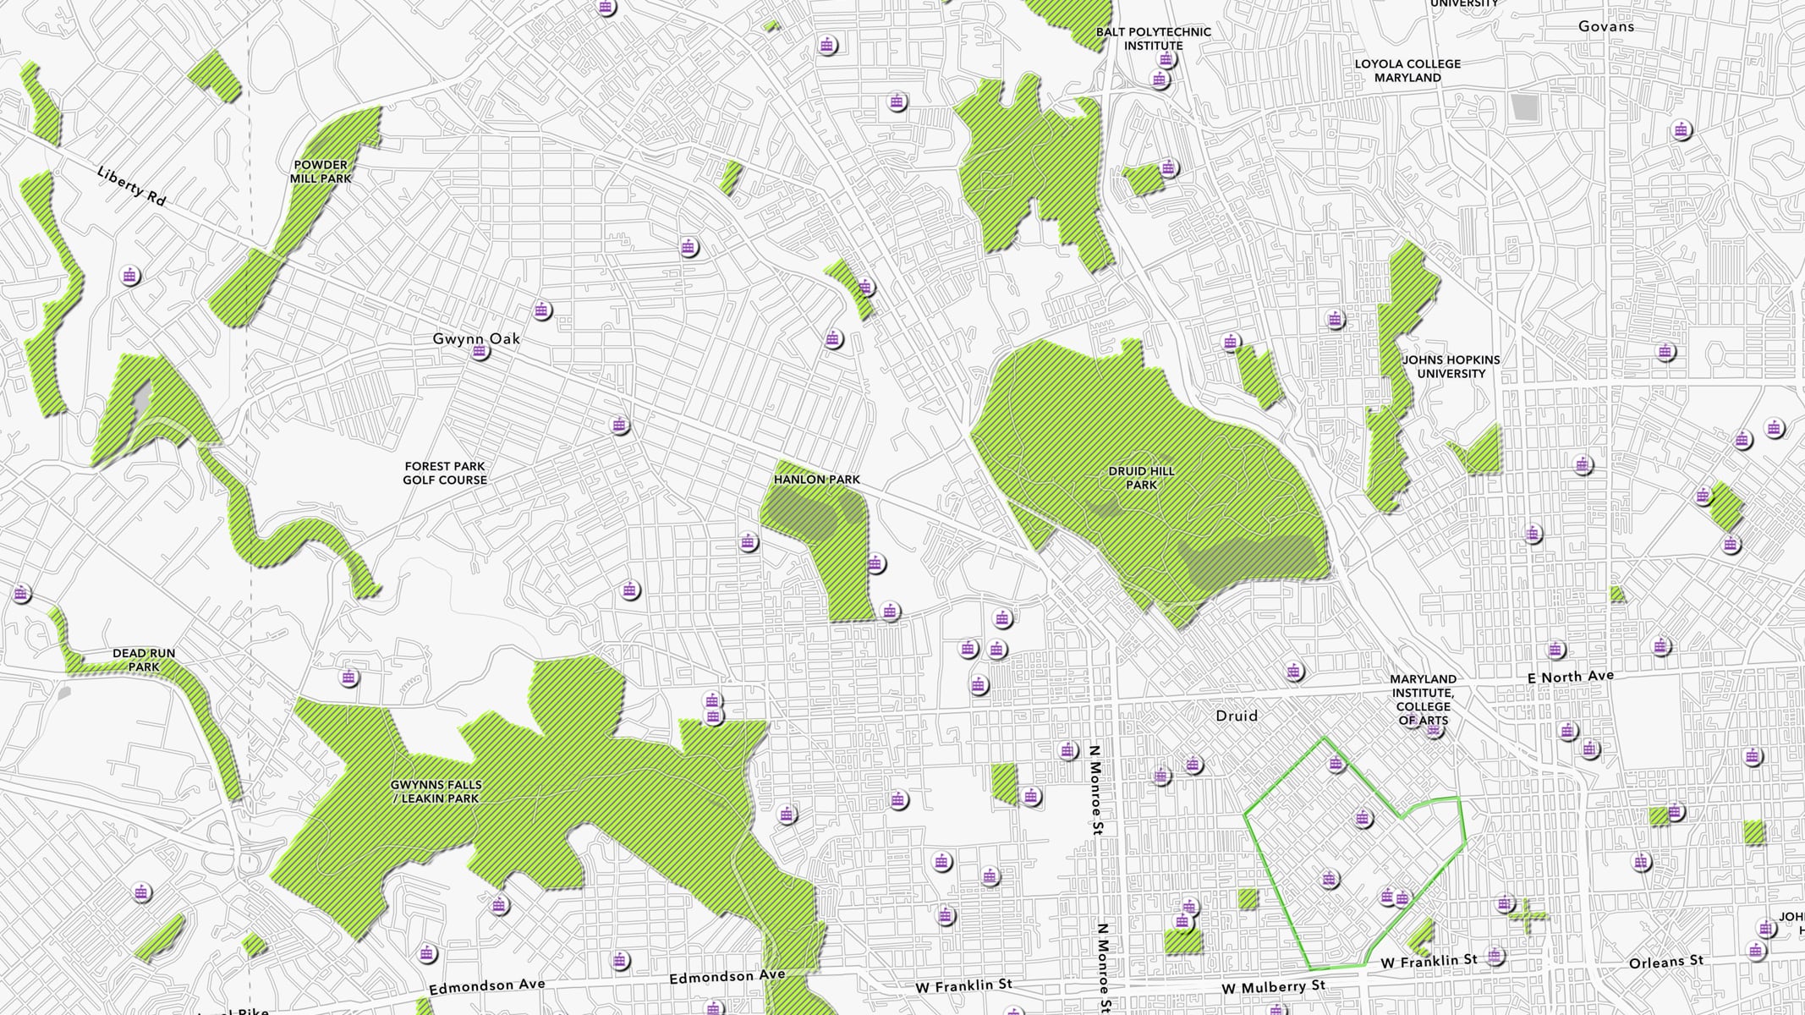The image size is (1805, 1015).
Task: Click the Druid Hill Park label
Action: coord(1141,478)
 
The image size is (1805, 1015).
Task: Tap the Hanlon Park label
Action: coord(816,480)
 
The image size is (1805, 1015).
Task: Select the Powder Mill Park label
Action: coord(320,172)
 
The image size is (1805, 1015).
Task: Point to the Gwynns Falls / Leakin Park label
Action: coord(436,793)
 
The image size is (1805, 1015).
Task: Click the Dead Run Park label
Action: coord(144,660)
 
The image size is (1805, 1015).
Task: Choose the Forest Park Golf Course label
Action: coord(445,473)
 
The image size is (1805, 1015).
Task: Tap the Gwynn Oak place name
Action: coord(476,338)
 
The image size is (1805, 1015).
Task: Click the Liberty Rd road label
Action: coord(131,186)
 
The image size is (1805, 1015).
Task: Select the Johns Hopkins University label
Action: coord(1451,366)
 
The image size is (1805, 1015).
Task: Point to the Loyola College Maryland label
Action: coord(1407,70)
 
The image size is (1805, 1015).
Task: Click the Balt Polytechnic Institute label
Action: coord(1153,38)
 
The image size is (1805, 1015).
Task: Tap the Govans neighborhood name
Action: coord(1605,26)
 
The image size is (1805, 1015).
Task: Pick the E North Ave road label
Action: coord(1570,677)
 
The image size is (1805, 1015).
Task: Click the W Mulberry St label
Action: coord(1273,987)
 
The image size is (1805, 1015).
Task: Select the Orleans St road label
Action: coord(1665,962)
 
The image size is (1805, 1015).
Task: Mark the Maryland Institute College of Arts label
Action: coord(1423,700)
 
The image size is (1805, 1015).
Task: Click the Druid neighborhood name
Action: coord(1236,716)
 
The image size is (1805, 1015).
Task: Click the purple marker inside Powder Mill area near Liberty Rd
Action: coord(129,276)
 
